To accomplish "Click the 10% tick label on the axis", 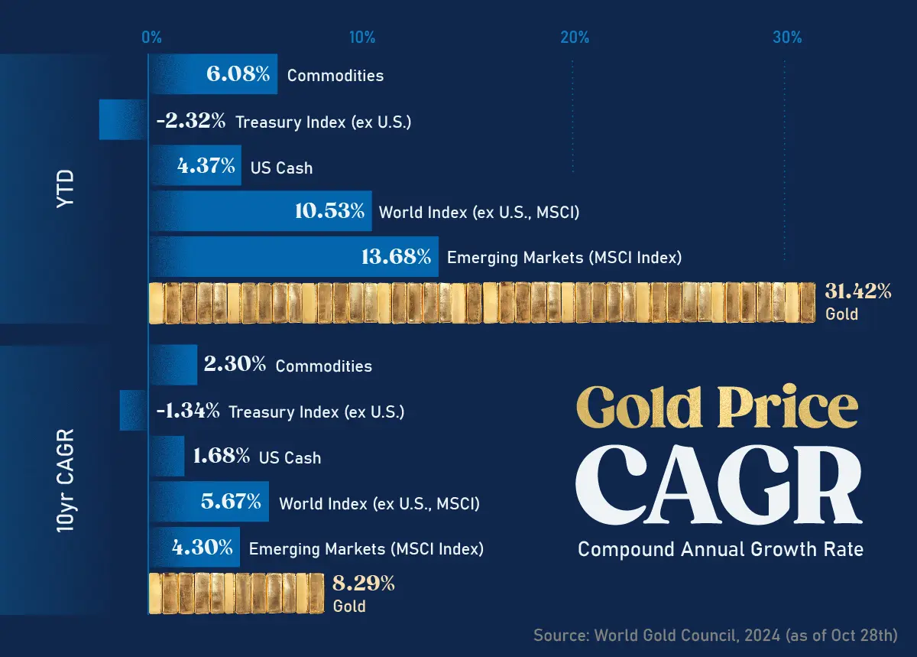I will pos(361,37).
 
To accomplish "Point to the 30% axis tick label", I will pos(786,37).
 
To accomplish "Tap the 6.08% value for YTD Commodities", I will pos(238,74).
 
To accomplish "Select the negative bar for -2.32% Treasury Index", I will pos(122,120).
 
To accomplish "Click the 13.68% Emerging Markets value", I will pos(396,257).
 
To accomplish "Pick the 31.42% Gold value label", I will pos(857,291).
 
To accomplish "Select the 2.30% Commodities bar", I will pos(173,365).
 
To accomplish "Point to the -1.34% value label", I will pos(188,411).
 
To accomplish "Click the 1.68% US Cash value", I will pos(222,457).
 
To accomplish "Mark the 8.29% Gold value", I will pos(364,584).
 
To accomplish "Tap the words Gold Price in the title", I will pos(717,408).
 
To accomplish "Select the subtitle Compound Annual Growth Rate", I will pos(720,549).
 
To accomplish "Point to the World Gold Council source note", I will pos(715,635).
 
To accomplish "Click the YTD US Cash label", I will pos(281,168).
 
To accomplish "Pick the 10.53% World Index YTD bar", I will pos(260,211).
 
